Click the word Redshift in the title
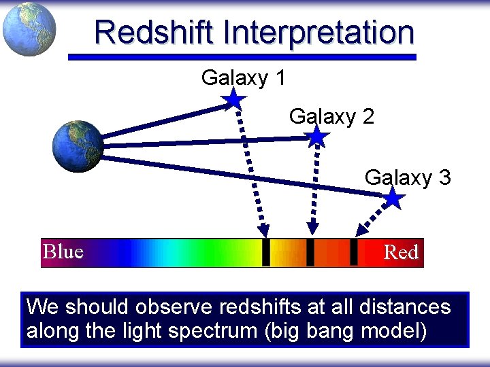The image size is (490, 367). click(154, 32)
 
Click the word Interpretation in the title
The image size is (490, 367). click(317, 32)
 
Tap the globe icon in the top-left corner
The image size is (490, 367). click(29, 29)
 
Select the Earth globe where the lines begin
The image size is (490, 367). click(78, 145)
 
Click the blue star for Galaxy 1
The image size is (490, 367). click(233, 99)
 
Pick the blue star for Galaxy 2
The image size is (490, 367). click(316, 137)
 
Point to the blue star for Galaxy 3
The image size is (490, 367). click(393, 198)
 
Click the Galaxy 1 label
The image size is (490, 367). click(243, 78)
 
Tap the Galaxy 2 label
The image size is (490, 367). click(331, 116)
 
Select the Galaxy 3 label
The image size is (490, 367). click(407, 177)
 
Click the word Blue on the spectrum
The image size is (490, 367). click(63, 252)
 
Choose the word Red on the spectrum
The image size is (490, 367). click(401, 253)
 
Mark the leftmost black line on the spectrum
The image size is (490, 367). click(266, 252)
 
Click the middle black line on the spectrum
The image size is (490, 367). click(310, 252)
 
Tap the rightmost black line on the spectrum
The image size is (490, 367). click(354, 252)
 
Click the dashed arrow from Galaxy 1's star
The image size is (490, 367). click(251, 170)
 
